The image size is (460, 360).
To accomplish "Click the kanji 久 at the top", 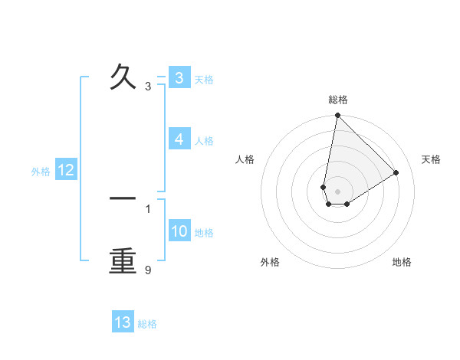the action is (x=123, y=77).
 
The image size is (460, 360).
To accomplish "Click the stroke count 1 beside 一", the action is (x=148, y=208).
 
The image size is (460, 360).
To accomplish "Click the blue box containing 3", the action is (x=179, y=78).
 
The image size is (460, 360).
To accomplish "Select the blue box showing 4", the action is (x=179, y=139).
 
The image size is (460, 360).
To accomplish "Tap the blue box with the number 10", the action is (x=179, y=231).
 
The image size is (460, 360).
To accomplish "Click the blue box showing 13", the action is (x=123, y=322).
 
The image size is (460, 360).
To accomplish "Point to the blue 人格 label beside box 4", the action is (x=204, y=141).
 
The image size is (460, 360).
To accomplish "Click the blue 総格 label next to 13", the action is (x=147, y=324).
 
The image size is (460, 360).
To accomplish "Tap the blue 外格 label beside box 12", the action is (x=41, y=172).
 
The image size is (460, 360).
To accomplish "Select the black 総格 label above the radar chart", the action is (x=338, y=100).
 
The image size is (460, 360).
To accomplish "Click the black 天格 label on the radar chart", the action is (x=432, y=159).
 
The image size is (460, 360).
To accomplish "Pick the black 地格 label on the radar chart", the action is (x=402, y=262).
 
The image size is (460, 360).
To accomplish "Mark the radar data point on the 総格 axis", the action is (x=337, y=116).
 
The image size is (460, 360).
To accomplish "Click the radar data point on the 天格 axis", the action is (x=396, y=173).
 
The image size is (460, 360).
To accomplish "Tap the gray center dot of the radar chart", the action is (x=337, y=191).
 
